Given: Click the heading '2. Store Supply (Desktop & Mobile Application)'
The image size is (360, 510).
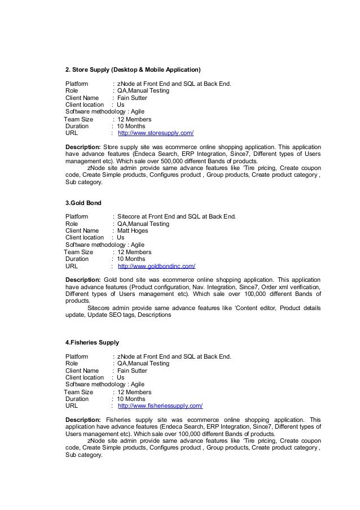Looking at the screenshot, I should pyautogui.click(x=133, y=70).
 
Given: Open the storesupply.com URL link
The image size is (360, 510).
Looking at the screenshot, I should pyautogui.click(x=155, y=133).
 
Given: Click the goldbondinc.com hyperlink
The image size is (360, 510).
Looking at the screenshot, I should pyautogui.click(x=156, y=267).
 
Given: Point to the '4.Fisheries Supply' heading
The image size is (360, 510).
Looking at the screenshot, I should pyautogui.click(x=92, y=342).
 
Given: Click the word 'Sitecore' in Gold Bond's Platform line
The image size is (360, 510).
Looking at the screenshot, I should pyautogui.click(x=129, y=217).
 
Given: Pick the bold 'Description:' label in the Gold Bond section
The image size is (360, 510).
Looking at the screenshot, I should pyautogui.click(x=82, y=280).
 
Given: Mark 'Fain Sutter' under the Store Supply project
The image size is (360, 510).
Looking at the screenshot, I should pyautogui.click(x=132, y=98).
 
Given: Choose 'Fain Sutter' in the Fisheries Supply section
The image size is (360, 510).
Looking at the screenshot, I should pyautogui.click(x=132, y=370).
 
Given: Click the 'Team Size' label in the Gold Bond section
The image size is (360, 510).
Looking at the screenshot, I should pyautogui.click(x=79, y=252).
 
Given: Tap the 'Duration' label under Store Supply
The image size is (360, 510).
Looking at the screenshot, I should pyautogui.click(x=77, y=126).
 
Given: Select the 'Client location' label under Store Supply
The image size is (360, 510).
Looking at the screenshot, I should pyautogui.click(x=85, y=104).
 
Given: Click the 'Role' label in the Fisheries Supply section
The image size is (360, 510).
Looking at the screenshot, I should pyautogui.click(x=72, y=364).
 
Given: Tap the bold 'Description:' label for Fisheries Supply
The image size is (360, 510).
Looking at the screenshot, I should pyautogui.click(x=83, y=420).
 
